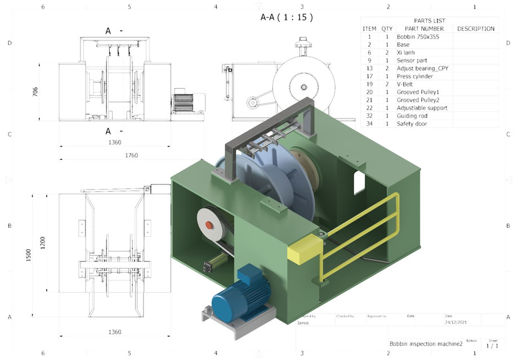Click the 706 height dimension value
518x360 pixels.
coord(35,92)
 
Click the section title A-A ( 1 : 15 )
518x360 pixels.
coord(286,17)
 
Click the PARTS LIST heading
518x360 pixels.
coord(429,21)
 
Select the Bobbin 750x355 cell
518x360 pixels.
coord(417,37)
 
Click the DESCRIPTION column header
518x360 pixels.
coord(476,29)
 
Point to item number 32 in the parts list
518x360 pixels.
coord(369,115)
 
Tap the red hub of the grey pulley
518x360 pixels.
coord(208,225)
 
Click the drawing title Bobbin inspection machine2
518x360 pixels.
coord(426,344)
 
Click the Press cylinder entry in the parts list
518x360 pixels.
coord(415,76)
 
